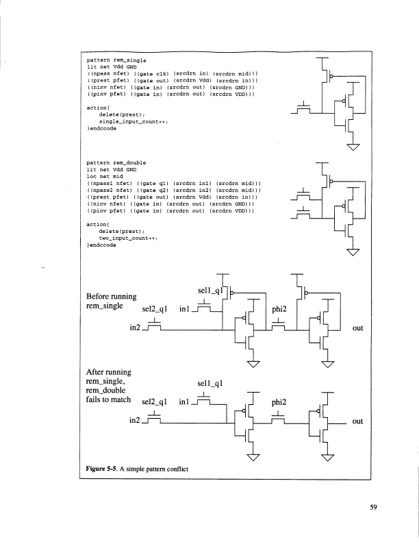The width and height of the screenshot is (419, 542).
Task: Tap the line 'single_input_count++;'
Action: pyautogui.click(x=134, y=121)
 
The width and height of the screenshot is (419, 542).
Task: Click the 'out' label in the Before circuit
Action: pyautogui.click(x=357, y=328)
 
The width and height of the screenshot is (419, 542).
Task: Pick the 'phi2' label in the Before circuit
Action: pyautogui.click(x=282, y=309)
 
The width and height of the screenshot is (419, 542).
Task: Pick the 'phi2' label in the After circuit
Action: pyautogui.click(x=282, y=403)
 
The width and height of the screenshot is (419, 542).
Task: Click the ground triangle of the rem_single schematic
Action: pyautogui.click(x=353, y=147)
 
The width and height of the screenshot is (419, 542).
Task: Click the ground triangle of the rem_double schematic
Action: pyautogui.click(x=353, y=253)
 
